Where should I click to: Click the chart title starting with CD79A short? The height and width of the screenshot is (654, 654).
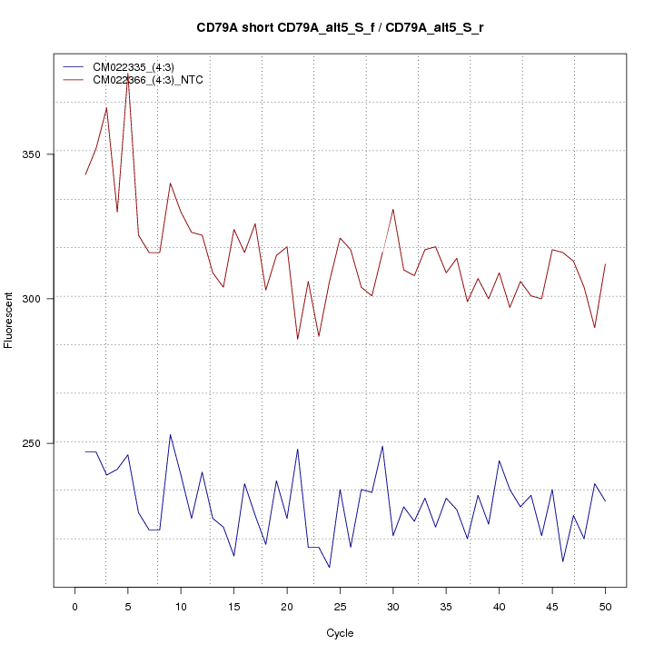tap(340, 27)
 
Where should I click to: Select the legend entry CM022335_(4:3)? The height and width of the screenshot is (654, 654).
tap(134, 67)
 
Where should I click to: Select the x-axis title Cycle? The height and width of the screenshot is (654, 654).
tap(340, 633)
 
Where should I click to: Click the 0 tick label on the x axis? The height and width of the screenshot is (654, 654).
tap(74, 607)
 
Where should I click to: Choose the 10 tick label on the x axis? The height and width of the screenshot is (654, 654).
tap(181, 607)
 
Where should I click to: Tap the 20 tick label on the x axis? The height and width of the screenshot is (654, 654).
tap(287, 607)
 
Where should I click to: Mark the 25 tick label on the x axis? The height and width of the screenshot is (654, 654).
tap(340, 607)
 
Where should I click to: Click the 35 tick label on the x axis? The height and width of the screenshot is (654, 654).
tap(446, 607)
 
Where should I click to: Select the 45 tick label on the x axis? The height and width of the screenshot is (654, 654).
tap(552, 607)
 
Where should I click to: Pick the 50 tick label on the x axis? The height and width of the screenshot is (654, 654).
tap(605, 607)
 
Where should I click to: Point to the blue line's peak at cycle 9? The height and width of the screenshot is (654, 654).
tap(170, 434)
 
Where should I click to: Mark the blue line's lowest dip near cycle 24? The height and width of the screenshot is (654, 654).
tap(330, 568)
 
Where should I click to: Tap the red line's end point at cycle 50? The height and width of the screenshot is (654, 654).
tap(605, 263)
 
